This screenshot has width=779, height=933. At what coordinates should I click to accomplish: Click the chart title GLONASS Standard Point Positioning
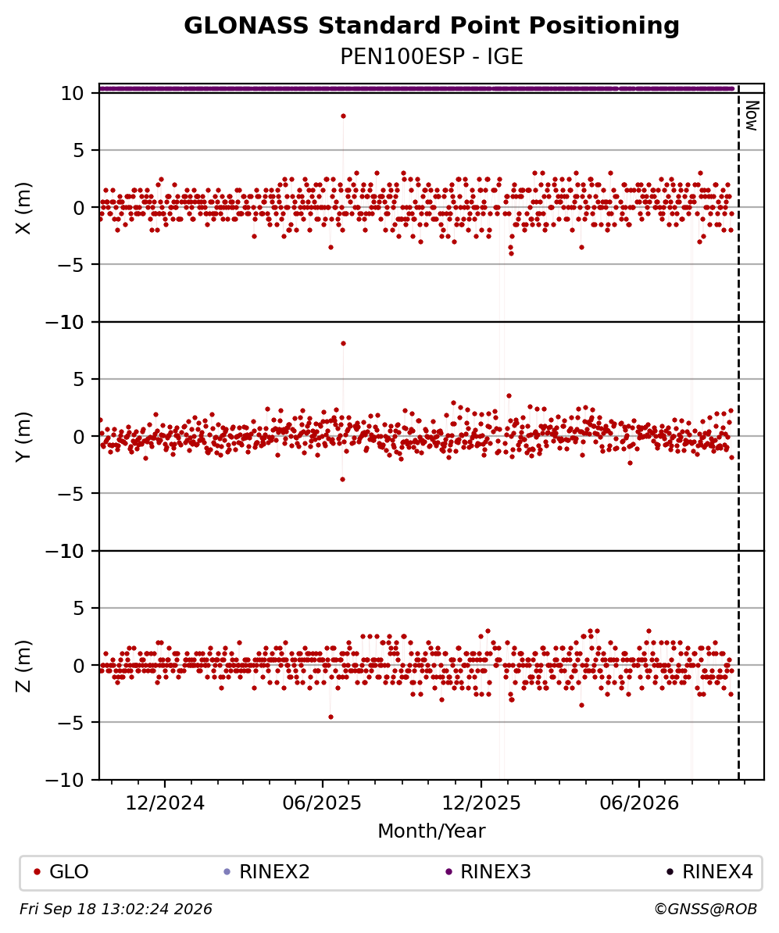(x=431, y=27)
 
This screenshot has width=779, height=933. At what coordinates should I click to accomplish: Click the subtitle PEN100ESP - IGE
(x=431, y=56)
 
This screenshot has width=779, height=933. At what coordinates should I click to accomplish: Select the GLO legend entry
(x=61, y=872)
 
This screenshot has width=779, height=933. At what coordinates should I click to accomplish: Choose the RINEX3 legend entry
(x=488, y=872)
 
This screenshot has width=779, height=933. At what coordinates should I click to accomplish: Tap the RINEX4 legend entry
(x=709, y=872)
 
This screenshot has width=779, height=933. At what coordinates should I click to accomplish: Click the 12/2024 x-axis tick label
(x=165, y=803)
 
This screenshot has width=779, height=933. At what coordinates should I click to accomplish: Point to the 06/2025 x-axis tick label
(x=323, y=803)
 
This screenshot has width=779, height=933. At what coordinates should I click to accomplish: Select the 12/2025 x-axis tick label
(x=481, y=803)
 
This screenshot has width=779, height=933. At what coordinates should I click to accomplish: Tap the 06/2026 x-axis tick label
(x=639, y=803)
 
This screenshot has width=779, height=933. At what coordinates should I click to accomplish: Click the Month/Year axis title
(x=431, y=831)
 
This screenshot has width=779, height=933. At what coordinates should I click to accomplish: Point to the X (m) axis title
(x=23, y=208)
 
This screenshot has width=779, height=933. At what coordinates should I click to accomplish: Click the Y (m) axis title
(x=23, y=436)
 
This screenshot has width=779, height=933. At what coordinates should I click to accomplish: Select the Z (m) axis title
(x=23, y=665)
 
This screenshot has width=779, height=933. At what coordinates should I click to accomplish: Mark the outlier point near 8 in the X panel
(x=343, y=116)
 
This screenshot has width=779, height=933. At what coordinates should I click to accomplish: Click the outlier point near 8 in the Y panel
(x=343, y=343)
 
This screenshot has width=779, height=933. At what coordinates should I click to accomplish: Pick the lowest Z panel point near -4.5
(x=331, y=717)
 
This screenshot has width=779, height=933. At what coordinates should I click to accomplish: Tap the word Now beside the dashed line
(x=752, y=116)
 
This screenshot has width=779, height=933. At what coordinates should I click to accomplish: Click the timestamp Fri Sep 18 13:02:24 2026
(x=116, y=910)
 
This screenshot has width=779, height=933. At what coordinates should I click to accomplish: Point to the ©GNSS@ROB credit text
(x=706, y=910)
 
